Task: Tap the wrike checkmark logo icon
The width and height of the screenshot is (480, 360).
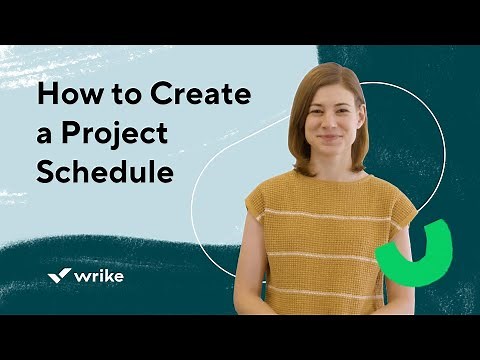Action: pyautogui.click(x=58, y=274)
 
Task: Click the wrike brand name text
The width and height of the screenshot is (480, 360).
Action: pyautogui.click(x=99, y=274)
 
